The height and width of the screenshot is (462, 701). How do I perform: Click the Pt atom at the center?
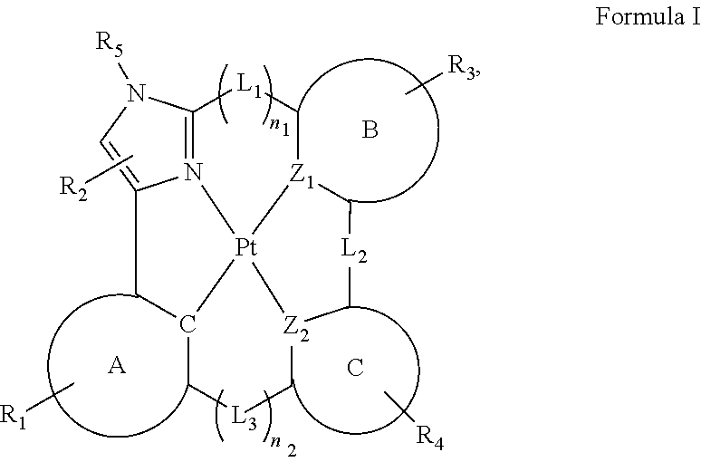[246, 247]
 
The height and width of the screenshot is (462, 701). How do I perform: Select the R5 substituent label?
[109, 45]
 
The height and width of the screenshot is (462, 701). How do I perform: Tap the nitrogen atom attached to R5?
[137, 93]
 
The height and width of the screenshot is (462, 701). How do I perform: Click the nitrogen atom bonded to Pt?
[193, 172]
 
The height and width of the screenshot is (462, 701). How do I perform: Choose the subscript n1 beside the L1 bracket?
[280, 127]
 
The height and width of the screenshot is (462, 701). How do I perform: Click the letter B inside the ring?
[370, 130]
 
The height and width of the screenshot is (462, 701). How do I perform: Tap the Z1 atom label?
[302, 177]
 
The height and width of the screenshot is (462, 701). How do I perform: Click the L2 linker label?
[354, 251]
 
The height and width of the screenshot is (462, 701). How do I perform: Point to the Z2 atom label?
[296, 330]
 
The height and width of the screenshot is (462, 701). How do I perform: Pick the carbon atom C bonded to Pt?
[187, 324]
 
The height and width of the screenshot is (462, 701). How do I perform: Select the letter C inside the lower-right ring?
[355, 368]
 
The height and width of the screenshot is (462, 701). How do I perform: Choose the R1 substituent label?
[14, 417]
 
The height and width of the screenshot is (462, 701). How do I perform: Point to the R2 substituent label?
[73, 188]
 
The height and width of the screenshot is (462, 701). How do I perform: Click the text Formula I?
[648, 16]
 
